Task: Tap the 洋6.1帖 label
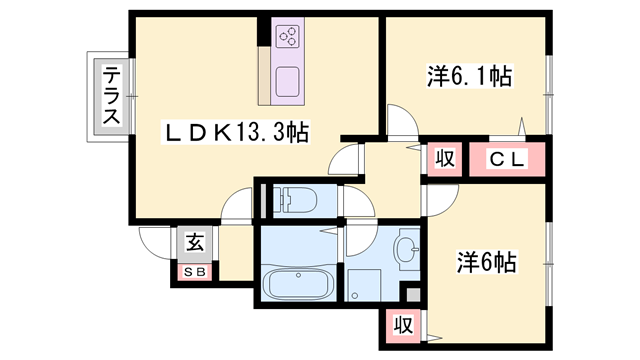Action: coord(469,75)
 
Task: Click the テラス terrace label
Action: coord(111,96)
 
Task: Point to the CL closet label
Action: coord(507,158)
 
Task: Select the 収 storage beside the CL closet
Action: coord(445,158)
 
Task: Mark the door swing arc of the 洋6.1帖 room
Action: coord(401,122)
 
